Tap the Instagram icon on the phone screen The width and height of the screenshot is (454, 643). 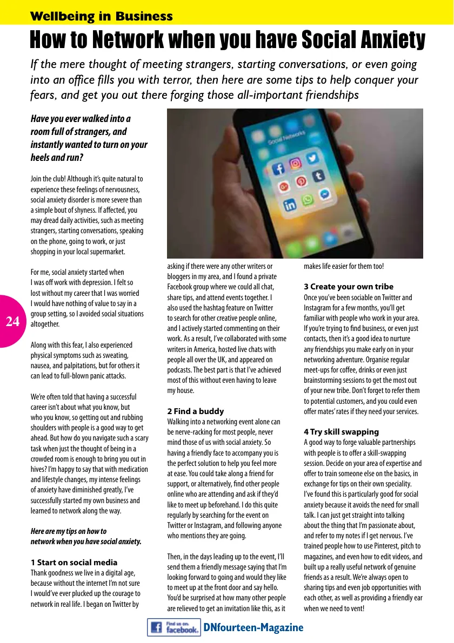coord(295,163)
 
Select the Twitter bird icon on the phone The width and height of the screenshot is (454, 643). coord(311,158)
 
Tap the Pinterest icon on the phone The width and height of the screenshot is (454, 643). coord(301,181)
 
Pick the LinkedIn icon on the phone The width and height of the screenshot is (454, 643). coord(290,205)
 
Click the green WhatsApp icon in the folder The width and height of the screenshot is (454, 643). coord(308,200)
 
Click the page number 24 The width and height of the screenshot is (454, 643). coord(12,322)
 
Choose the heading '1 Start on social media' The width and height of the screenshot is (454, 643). coord(74,563)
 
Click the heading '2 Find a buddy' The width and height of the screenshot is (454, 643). coord(195,411)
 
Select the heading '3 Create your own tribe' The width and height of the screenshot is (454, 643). coord(349,287)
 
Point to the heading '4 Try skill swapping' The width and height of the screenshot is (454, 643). coord(341,432)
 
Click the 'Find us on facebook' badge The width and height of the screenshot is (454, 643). coord(173,627)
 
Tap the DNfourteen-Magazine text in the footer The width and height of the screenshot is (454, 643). coord(253,627)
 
